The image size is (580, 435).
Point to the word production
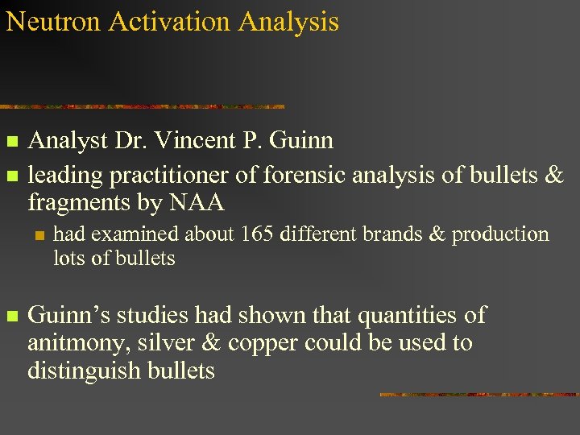pos(500,234)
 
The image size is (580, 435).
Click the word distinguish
pos(85,371)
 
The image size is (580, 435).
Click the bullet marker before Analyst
pos(11,143)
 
